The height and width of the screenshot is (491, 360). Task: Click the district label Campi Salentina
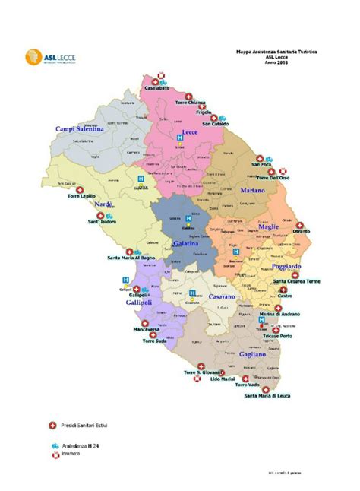point(79,129)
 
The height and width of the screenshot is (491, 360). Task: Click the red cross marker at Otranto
point(300,226)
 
